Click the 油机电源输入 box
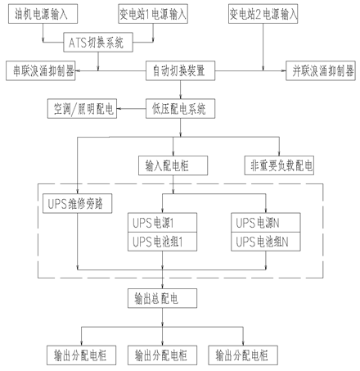43,14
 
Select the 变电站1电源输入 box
153,14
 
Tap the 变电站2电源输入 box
263,14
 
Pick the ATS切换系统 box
98,43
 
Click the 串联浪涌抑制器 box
41,70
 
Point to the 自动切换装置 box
180,70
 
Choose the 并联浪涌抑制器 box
321,70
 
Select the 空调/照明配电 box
82,109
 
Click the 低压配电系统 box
180,109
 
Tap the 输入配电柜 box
173,165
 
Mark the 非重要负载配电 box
279,165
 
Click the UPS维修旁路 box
78,203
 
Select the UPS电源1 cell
162,223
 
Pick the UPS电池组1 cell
162,242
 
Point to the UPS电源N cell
266,223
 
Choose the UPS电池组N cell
266,242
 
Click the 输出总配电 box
162,298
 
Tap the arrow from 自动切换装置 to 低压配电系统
180,89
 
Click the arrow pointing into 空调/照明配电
131,109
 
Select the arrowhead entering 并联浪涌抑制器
284,70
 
